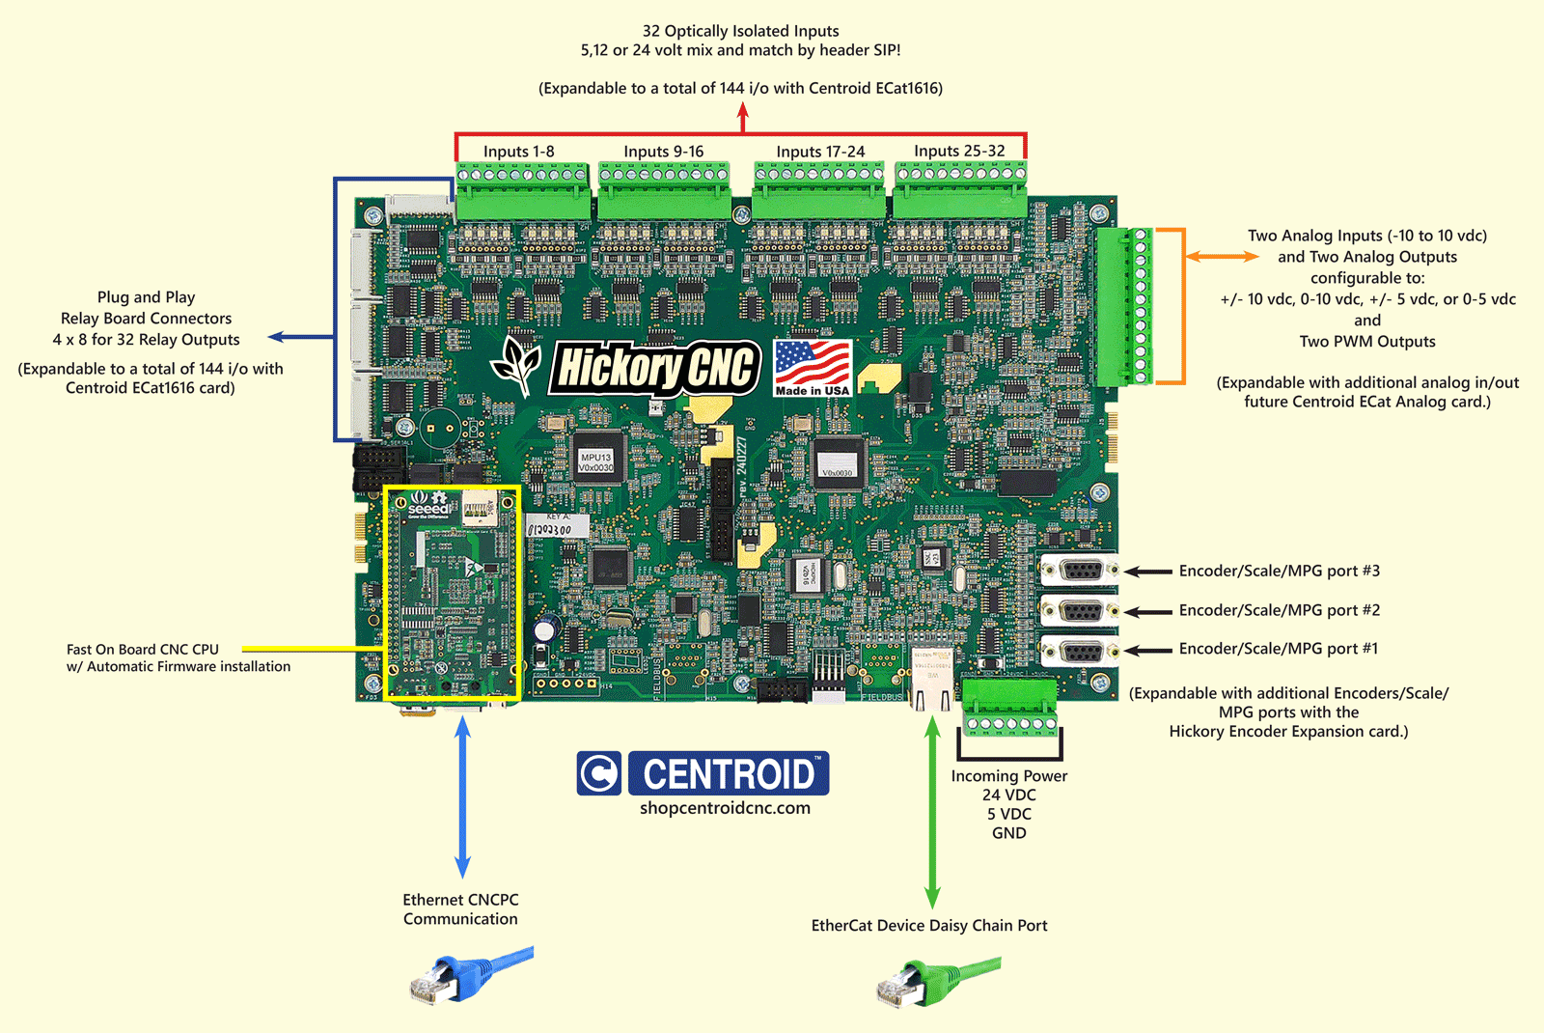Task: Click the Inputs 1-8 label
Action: pos(518,152)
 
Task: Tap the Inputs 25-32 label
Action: pos(959,151)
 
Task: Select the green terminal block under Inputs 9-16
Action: pos(664,191)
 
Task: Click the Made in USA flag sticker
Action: pos(813,368)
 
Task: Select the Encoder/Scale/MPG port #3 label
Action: pos(1279,571)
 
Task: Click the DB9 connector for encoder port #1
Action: pos(1080,652)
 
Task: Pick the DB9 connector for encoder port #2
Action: pos(1080,611)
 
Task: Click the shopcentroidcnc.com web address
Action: pos(725,808)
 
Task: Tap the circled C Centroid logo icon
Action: pos(599,773)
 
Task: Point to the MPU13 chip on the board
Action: pos(595,462)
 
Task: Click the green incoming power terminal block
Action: pos(1009,708)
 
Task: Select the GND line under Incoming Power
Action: pos(1008,833)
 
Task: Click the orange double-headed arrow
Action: pos(1222,256)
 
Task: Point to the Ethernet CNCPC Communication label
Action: pos(460,909)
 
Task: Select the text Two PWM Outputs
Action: pos(1366,342)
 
